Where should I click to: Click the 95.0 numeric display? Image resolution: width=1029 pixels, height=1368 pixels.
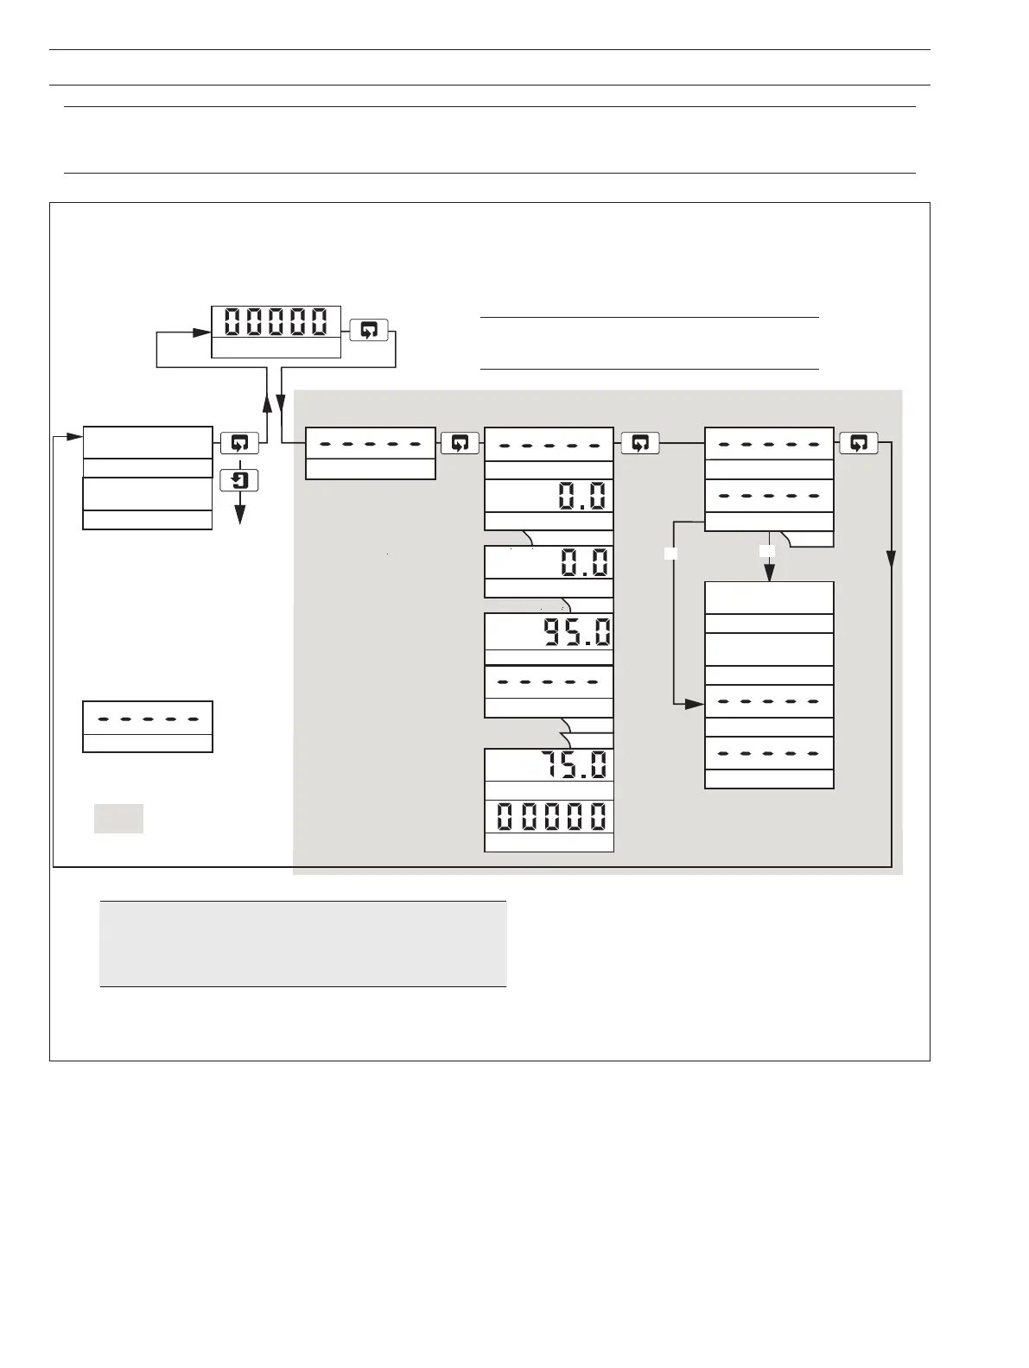point(575,633)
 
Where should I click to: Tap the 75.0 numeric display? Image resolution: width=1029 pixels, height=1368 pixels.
point(574,765)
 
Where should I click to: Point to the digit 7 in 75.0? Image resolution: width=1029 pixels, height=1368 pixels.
point(551,765)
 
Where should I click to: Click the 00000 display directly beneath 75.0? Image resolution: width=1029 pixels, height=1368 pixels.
point(549,816)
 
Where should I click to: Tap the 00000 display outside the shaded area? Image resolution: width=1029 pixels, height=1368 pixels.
point(276,322)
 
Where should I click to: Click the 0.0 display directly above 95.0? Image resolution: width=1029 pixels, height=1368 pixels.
point(584,562)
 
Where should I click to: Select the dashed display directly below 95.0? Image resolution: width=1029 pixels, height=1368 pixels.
point(549,682)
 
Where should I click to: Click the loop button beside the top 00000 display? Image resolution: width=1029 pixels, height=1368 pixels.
point(369,330)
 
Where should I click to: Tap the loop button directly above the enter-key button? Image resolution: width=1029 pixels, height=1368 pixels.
point(240,444)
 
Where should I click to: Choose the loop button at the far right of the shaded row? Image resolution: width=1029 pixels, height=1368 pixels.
point(858,444)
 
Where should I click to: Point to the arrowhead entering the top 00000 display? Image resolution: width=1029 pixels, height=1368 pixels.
point(203,331)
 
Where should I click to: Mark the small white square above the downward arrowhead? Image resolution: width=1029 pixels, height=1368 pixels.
point(767,551)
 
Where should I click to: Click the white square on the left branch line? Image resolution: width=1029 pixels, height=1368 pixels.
point(670,554)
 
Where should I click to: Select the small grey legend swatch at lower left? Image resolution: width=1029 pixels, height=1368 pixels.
point(118,818)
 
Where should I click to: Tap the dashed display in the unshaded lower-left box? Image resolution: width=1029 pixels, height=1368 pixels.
point(148,718)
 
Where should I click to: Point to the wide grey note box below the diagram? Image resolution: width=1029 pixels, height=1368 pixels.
point(302,943)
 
